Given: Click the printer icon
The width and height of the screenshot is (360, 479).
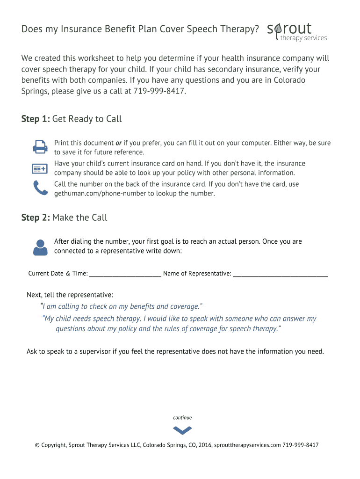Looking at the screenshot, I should [x=40, y=147].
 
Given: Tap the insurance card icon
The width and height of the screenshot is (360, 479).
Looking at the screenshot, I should [x=40, y=168].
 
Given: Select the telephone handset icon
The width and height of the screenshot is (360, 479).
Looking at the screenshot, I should [x=40, y=188].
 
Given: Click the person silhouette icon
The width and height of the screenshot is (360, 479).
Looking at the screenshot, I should [x=40, y=247].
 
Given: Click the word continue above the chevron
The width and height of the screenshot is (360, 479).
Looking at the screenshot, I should [x=182, y=418].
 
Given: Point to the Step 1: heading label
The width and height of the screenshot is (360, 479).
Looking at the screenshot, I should [x=36, y=119].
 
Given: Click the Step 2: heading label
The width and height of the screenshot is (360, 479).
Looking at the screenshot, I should [x=36, y=218].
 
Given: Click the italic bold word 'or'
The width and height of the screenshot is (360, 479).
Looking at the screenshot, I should [x=119, y=143].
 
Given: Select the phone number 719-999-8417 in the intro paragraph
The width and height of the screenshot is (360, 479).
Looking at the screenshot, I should [x=159, y=91].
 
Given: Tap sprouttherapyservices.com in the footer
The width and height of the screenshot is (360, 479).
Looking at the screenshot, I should [x=247, y=445].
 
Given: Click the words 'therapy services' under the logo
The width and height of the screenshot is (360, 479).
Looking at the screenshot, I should [x=303, y=38].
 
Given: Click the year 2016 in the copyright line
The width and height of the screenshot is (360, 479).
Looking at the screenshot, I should [x=205, y=445].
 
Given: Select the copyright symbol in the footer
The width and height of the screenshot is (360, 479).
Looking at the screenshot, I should [x=37, y=445].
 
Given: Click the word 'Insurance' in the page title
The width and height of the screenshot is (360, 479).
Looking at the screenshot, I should [x=78, y=29].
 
